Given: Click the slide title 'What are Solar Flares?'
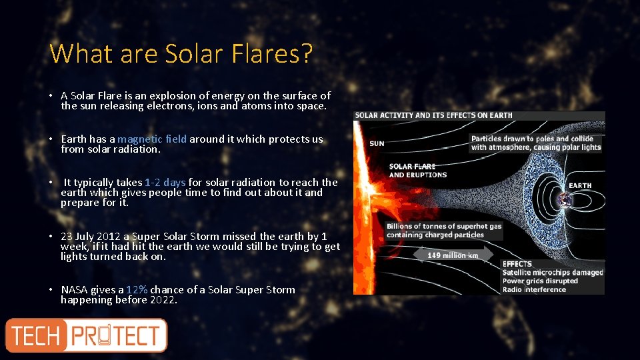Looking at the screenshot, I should [181, 53].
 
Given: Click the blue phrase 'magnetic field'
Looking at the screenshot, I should [153, 139].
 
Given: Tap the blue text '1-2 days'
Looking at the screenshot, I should [165, 183].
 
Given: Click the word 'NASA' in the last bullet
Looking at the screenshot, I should [75, 290].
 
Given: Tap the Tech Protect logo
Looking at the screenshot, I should [86, 335].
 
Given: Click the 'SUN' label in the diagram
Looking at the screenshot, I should [377, 143].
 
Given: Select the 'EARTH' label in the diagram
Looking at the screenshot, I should [580, 185].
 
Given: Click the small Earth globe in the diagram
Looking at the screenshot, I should [566, 199].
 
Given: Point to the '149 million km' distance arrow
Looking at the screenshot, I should [453, 255].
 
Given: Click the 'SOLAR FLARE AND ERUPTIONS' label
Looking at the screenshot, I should [417, 171].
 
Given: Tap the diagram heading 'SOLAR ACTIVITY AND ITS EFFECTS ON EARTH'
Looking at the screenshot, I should [434, 115].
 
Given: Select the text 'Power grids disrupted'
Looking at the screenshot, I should [540, 281].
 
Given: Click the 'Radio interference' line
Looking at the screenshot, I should [534, 289].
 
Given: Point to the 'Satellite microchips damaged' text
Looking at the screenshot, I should [552, 272].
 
